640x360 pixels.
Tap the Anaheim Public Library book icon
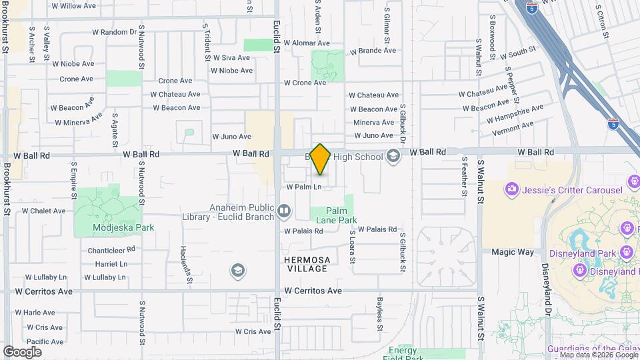click(x=284, y=212)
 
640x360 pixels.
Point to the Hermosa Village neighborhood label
click(x=307, y=264)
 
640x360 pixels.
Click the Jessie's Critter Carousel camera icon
click(x=511, y=190)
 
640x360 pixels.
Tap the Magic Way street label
click(x=513, y=252)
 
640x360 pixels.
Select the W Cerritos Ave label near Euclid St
click(x=313, y=291)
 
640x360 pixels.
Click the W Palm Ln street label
click(x=304, y=187)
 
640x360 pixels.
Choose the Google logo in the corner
click(x=23, y=351)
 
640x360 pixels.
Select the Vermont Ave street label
click(x=513, y=125)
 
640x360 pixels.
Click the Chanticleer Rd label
click(x=111, y=251)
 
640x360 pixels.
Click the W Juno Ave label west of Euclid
click(x=231, y=137)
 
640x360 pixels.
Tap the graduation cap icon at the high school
click(x=393, y=157)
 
